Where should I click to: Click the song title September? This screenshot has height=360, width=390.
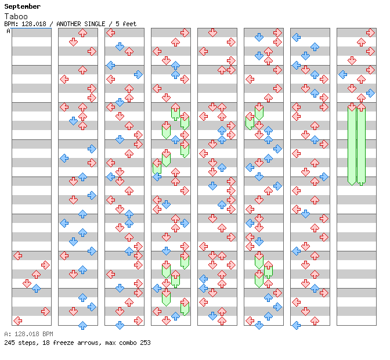(x=22, y=6)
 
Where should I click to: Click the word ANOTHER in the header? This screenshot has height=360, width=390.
(x=70, y=24)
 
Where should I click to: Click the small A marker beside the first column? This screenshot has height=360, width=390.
(x=9, y=31)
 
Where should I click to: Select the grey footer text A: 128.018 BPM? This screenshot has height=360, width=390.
(x=28, y=334)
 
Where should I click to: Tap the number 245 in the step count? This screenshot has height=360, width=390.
(x=9, y=343)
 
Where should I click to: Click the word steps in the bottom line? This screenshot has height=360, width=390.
(x=27, y=343)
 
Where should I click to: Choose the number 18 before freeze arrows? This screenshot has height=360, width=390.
(x=44, y=343)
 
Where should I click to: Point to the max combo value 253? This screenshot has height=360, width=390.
(x=145, y=343)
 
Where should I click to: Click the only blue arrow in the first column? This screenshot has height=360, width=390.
(x=36, y=288)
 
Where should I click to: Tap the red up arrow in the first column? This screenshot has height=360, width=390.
(x=36, y=274)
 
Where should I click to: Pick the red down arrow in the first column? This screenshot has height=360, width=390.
(x=27, y=283)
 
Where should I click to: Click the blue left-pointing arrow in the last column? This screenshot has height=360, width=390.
(x=343, y=74)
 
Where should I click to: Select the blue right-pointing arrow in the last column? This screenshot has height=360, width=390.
(x=370, y=93)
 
